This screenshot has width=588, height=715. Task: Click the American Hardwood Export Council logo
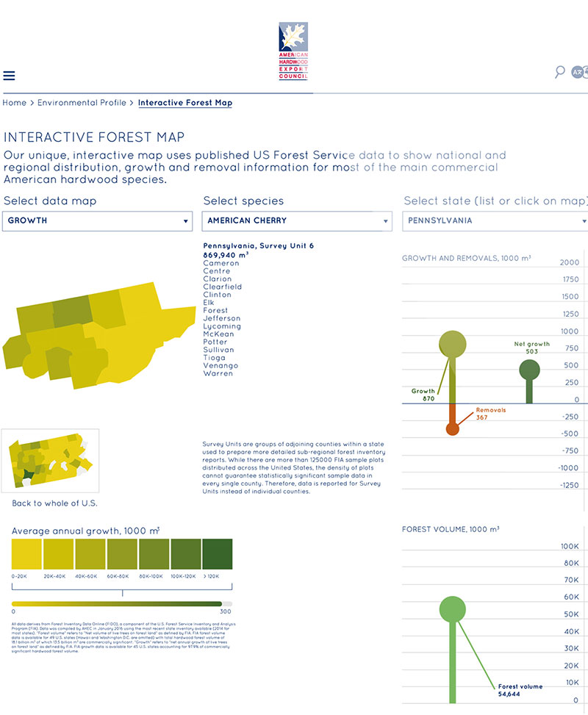293,51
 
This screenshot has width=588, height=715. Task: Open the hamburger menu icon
9,76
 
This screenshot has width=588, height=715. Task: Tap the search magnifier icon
560,71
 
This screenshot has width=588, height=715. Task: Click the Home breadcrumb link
15,103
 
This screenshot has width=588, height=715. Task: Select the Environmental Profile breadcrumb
82,103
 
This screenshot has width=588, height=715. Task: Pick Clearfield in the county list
223,287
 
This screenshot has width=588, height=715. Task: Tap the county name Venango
220,365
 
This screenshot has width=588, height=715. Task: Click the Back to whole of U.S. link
54,503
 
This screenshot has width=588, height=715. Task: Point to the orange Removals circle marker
452,428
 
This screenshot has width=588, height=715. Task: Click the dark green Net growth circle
529,370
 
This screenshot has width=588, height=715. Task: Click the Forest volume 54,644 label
520,691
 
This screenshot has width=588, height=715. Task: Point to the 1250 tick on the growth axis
569,314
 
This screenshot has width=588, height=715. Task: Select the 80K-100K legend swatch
154,553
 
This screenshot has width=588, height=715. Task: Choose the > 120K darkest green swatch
217,553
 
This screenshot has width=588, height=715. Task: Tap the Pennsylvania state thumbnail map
50,461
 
